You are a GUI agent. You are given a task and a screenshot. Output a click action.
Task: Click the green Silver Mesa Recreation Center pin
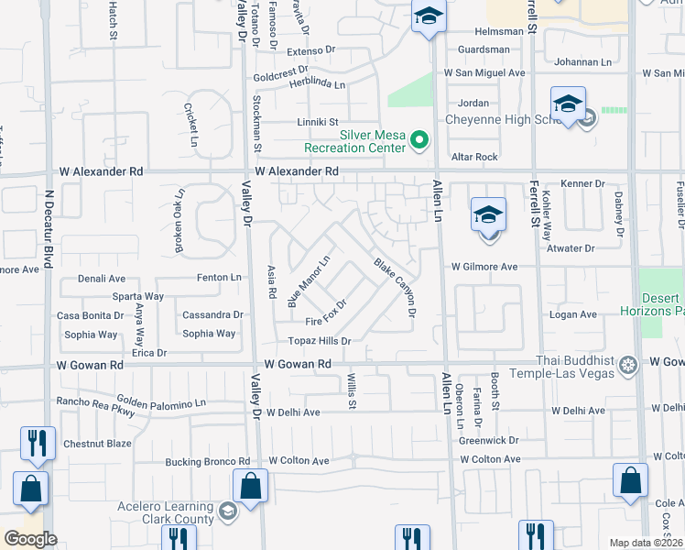click(x=419, y=140)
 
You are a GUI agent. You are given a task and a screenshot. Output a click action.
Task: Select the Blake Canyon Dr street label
click(x=396, y=288)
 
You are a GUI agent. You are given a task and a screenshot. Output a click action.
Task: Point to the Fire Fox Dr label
click(x=327, y=313)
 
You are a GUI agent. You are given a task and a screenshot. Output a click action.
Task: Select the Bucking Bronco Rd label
click(x=208, y=461)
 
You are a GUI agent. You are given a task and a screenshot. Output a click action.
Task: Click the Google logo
click(x=30, y=539)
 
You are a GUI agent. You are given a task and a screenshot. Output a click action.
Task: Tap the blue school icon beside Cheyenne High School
click(x=568, y=103)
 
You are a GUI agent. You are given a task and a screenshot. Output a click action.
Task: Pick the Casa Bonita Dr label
click(x=92, y=314)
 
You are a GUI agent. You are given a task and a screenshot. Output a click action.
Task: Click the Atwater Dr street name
click(x=570, y=247)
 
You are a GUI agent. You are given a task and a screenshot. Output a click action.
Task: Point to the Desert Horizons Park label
click(x=661, y=304)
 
